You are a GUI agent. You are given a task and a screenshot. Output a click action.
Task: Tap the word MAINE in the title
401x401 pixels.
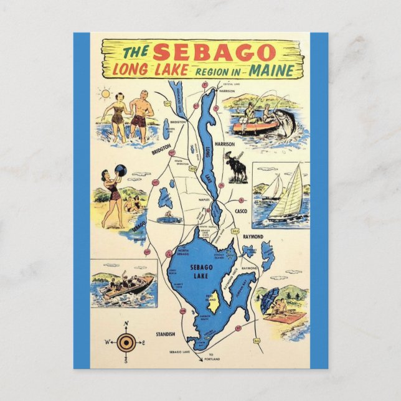(x=275, y=68)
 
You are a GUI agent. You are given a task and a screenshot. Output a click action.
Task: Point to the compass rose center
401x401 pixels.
(x=126, y=341)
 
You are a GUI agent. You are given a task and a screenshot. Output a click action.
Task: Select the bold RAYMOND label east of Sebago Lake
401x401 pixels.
(x=253, y=237)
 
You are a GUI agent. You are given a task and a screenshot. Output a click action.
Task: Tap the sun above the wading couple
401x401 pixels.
(x=105, y=95)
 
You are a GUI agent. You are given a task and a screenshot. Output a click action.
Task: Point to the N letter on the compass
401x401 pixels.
(x=126, y=323)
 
